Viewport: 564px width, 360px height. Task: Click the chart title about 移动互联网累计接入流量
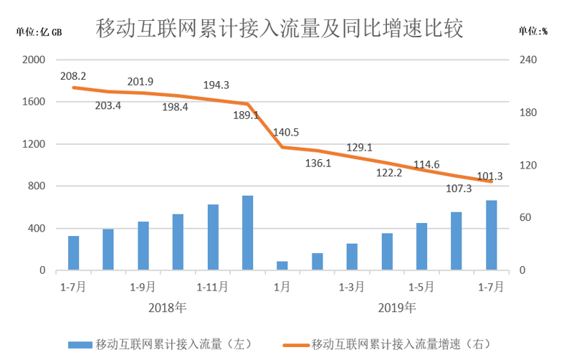point(280,28)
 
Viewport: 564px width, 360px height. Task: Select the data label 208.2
point(73,75)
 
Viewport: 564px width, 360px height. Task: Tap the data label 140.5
point(286,132)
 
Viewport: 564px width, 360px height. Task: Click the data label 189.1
point(245,115)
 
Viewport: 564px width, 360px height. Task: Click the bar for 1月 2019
point(282,265)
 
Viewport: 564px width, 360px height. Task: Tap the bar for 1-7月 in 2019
point(491,235)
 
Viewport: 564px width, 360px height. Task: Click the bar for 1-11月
point(213,237)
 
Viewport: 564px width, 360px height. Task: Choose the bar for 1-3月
point(352,257)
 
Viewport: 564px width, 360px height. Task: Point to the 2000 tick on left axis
point(34,60)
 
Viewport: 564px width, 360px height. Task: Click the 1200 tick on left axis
point(34,144)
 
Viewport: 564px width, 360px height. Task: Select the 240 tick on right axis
point(527,60)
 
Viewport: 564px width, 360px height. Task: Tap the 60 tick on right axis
point(525,218)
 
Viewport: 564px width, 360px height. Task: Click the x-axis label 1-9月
point(143,287)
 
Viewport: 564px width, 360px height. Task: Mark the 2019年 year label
point(396,308)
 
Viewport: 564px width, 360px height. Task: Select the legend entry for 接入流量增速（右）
point(401,344)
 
